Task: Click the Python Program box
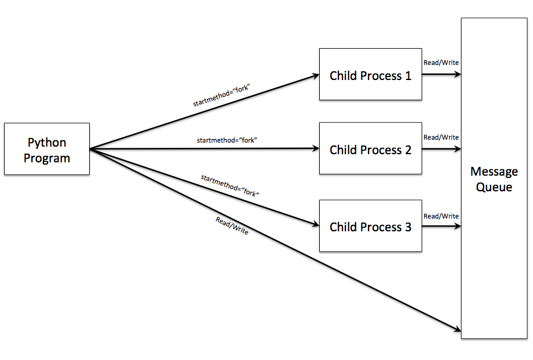46,149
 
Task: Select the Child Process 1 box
370,75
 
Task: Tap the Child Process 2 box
370,149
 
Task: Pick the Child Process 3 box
370,226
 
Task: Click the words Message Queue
494,179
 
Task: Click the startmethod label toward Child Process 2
227,140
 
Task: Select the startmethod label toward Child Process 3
229,185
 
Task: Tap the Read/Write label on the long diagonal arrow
232,226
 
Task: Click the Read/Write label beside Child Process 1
441,63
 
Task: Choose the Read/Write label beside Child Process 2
441,137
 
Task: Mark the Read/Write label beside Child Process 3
441,216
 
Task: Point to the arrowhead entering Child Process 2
316,149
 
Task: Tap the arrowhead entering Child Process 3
316,225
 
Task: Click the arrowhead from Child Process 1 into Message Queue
458,75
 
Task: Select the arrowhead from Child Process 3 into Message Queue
458,226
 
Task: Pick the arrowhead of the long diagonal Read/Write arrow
457,331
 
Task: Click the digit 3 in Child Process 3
408,227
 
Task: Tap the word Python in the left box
47,143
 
